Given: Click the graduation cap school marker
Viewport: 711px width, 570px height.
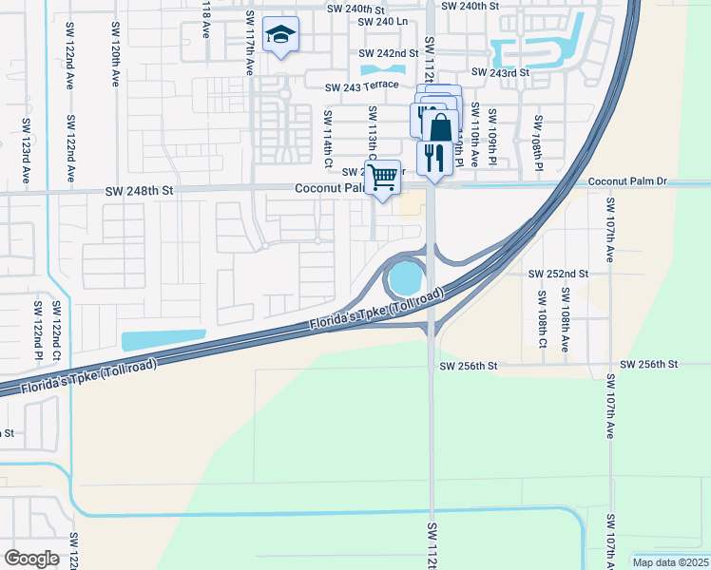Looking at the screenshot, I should (280, 35).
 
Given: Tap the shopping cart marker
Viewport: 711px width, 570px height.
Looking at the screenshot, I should (382, 177).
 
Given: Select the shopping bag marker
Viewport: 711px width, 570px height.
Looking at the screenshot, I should (440, 125).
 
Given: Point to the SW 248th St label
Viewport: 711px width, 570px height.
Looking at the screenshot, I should (141, 191).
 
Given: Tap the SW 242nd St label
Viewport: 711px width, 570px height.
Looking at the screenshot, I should (389, 54).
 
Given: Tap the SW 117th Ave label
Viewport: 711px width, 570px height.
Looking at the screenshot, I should (249, 44).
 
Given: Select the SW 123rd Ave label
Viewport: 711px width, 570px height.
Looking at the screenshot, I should (25, 151).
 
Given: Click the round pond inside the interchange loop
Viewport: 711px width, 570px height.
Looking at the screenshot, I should (403, 279).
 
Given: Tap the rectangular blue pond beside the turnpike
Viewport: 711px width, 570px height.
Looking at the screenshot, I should (163, 339).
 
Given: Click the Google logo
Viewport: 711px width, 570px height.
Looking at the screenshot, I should (32, 558).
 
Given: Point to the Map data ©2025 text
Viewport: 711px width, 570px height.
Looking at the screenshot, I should (669, 562).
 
